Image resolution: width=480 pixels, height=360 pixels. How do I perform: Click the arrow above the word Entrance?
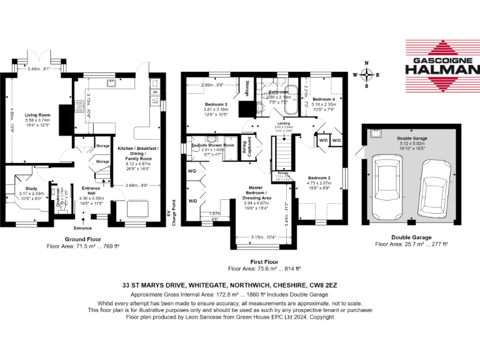[84, 219]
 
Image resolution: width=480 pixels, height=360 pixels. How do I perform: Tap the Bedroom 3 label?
[216, 104]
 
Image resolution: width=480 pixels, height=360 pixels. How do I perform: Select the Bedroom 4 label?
[324, 99]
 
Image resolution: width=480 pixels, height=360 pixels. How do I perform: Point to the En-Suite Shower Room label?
[212, 145]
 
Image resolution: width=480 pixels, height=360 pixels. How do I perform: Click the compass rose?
[367, 74]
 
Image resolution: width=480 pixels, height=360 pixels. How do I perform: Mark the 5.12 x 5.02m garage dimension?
[412, 145]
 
